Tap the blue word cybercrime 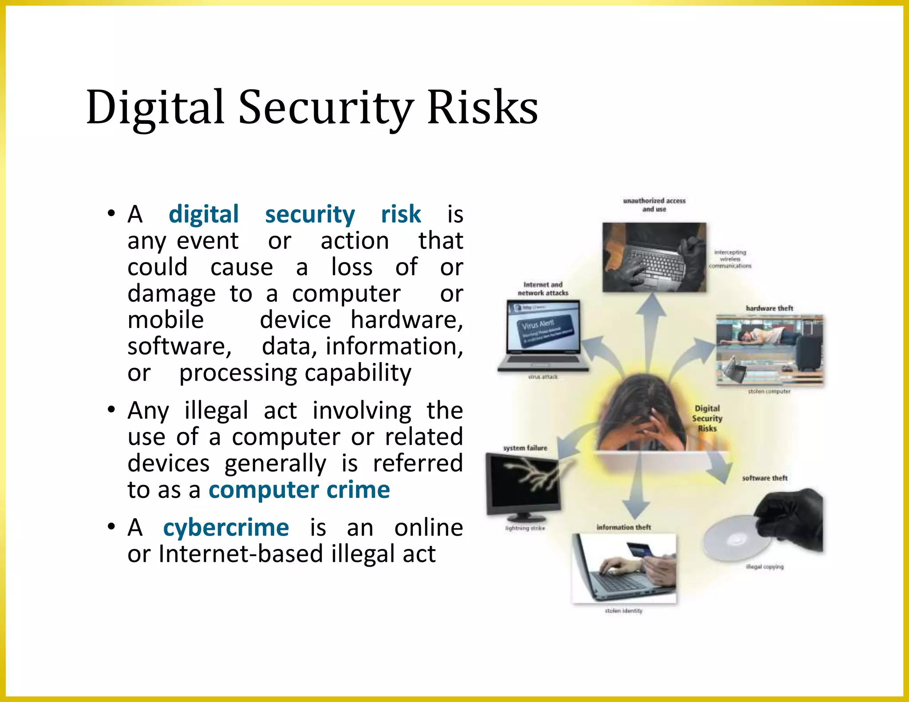(226, 527)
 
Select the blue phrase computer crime (299, 490)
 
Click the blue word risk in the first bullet (401, 214)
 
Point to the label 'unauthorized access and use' (654, 205)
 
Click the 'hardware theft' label (769, 308)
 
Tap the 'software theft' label (765, 478)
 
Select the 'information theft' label (624, 527)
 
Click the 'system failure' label (525, 448)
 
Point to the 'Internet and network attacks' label (543, 288)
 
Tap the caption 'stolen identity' (624, 611)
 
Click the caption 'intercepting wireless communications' (730, 259)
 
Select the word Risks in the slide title (482, 107)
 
